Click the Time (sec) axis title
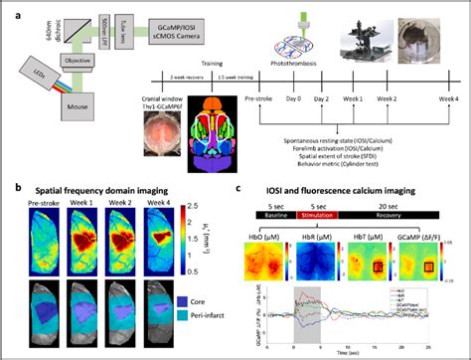[x=356, y=352]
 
